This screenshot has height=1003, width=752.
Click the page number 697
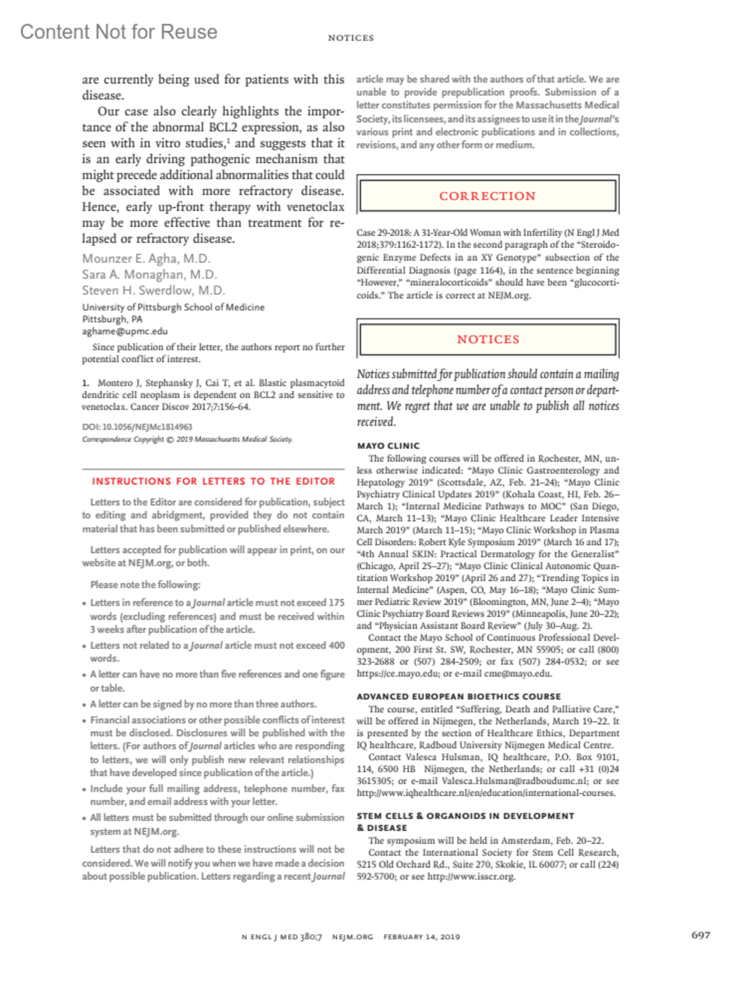click(x=701, y=935)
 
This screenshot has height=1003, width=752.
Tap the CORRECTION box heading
click(x=488, y=196)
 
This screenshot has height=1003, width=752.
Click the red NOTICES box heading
click(x=488, y=339)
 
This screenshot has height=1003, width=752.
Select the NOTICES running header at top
click(x=351, y=38)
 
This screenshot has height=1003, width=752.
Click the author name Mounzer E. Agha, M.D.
click(x=146, y=258)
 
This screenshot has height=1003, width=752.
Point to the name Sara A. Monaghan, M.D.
click(x=149, y=275)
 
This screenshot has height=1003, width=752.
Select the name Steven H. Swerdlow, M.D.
click(x=154, y=290)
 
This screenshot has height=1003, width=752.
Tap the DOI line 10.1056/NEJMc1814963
click(x=137, y=426)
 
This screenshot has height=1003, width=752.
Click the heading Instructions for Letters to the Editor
click(x=213, y=481)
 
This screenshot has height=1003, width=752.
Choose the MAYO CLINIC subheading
click(x=389, y=446)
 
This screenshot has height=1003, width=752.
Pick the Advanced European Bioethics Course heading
click(x=459, y=696)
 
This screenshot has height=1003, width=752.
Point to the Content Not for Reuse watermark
click(x=119, y=32)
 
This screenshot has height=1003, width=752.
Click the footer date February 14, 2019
click(x=422, y=937)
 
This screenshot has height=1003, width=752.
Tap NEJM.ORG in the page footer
click(x=352, y=937)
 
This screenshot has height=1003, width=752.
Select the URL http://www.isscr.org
click(x=471, y=876)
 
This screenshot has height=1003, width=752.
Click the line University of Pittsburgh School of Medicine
click(x=173, y=307)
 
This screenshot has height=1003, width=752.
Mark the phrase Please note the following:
click(x=145, y=584)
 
